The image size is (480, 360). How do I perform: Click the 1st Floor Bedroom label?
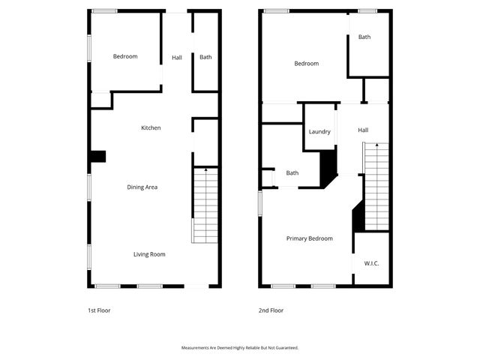pyautogui.click(x=125, y=56)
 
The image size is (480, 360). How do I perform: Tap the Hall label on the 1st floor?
pyautogui.click(x=177, y=58)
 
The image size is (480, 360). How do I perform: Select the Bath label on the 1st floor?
pyautogui.click(x=205, y=57)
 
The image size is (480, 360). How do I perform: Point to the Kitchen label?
pyautogui.click(x=151, y=128)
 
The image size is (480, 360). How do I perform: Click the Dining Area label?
pyautogui.click(x=142, y=187)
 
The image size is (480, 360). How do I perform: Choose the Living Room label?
pyautogui.click(x=149, y=254)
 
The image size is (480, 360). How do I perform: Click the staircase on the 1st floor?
pyautogui.click(x=205, y=205)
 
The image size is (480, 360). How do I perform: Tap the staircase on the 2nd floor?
pyautogui.click(x=376, y=185)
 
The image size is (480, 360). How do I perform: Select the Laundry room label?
pyautogui.click(x=319, y=132)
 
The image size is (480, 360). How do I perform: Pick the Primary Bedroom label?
pyautogui.click(x=309, y=238)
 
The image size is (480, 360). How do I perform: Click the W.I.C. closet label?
pyautogui.click(x=371, y=263)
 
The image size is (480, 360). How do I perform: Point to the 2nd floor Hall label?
pyautogui.click(x=363, y=130)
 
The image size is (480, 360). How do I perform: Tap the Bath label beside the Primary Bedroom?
pyautogui.click(x=292, y=173)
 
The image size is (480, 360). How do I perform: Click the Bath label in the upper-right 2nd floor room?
pyautogui.click(x=364, y=37)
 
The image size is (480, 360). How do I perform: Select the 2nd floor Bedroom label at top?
pyautogui.click(x=306, y=64)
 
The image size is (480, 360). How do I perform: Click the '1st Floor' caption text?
pyautogui.click(x=99, y=310)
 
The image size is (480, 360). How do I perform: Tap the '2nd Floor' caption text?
pyautogui.click(x=271, y=310)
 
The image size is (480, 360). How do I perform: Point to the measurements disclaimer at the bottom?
pyautogui.click(x=240, y=348)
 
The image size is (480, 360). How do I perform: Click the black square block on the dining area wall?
pyautogui.click(x=97, y=156)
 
